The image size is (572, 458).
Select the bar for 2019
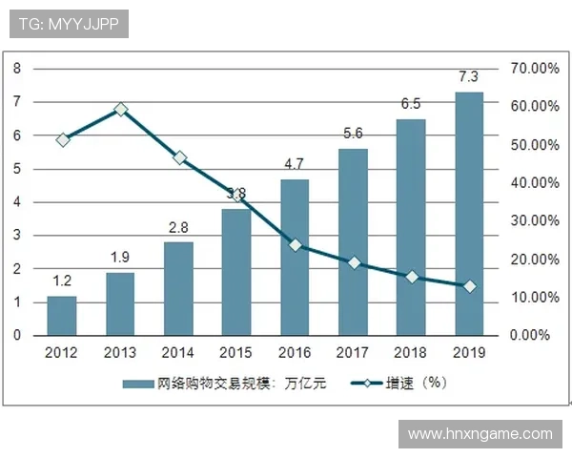pyautogui.click(x=469, y=214)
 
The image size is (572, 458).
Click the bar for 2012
pyautogui.click(x=62, y=316)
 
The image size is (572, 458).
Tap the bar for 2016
pyautogui.click(x=295, y=258)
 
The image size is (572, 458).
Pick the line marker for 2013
pyautogui.click(x=121, y=110)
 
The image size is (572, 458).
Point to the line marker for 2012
pyautogui.click(x=63, y=139)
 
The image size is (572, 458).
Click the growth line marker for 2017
pyautogui.click(x=354, y=262)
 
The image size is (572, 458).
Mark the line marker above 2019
pyautogui.click(x=469, y=286)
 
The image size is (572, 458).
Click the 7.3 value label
pyautogui.click(x=469, y=76)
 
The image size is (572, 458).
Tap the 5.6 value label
pyautogui.click(x=353, y=133)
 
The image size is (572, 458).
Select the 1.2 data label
pyautogui.click(x=62, y=281)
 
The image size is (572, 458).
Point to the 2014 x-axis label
pyautogui.click(x=178, y=352)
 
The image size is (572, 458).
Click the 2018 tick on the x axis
pyautogui.click(x=411, y=352)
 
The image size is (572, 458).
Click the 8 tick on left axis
pyautogui.click(x=17, y=69)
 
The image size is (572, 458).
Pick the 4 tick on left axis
pyautogui.click(x=17, y=202)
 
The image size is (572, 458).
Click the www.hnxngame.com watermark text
pyautogui.click(x=480, y=434)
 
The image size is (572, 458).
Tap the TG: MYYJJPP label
pyautogui.click(x=68, y=23)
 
